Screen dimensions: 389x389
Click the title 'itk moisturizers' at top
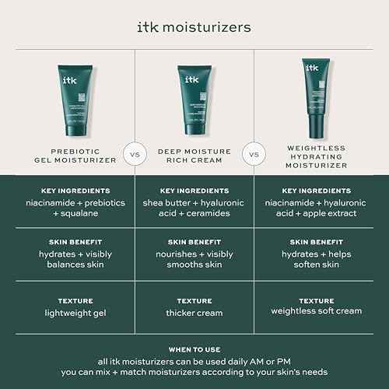click(x=194, y=27)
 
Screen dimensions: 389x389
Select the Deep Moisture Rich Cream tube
click(x=194, y=96)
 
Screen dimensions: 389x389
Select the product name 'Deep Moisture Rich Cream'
click(x=194, y=155)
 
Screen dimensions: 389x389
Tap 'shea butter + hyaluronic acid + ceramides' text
click(x=194, y=208)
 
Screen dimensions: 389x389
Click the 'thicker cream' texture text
click(x=194, y=313)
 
